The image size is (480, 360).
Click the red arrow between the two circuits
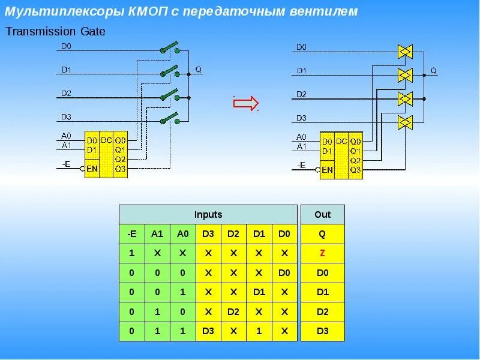[x=245, y=103]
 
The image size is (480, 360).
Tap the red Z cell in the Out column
[x=322, y=253]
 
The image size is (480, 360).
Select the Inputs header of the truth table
[x=208, y=214]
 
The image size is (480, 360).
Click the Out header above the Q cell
[x=322, y=214]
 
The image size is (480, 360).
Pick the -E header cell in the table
[x=131, y=234]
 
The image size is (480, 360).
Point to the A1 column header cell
[x=157, y=234]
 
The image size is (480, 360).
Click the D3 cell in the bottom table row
[x=208, y=331]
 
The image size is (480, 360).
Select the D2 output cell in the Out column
[x=322, y=311]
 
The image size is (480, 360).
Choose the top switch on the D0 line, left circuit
[x=169, y=49]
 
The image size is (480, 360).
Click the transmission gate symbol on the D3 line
[x=405, y=122]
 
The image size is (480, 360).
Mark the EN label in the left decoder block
[x=92, y=169]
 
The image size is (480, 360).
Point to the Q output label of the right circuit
[x=433, y=71]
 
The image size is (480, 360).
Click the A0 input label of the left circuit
[x=66, y=136]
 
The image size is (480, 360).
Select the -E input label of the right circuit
[x=301, y=164]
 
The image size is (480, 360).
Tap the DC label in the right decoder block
[x=341, y=141]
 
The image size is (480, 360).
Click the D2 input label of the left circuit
[x=66, y=93]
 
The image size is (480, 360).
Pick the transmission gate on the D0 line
[x=405, y=52]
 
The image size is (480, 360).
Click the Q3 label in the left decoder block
[x=121, y=169]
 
